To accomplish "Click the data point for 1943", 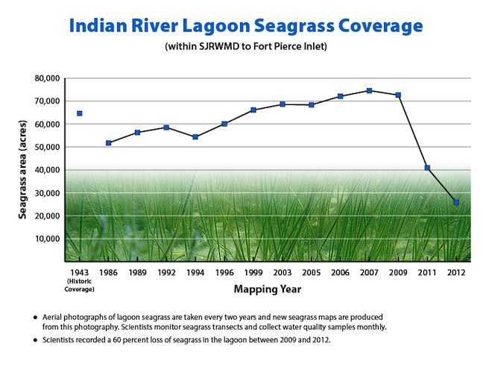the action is pos(79,113).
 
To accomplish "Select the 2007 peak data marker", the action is pos(369,91).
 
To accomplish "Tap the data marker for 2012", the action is pos(456,202).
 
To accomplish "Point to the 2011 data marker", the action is pos(427,168).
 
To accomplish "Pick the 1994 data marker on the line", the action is pos(195,137).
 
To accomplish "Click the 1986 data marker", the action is pos(109,143).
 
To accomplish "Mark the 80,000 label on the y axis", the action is pos(47,78).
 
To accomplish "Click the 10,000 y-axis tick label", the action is pos(48,239).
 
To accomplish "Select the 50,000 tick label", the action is pos(47,147).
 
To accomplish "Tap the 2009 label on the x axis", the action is pos(398,272).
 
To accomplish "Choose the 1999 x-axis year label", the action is pos(253,272).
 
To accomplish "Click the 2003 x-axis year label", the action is pos(283,272).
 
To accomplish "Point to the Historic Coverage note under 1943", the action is pos(79,286).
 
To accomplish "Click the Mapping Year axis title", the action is pos(268,289).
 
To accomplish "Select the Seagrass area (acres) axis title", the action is pos(22,170).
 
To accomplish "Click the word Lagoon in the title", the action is pos(215,26).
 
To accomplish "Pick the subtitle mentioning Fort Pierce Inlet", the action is pos(246,46).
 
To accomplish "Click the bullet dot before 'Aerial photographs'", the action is pos(36,318).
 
